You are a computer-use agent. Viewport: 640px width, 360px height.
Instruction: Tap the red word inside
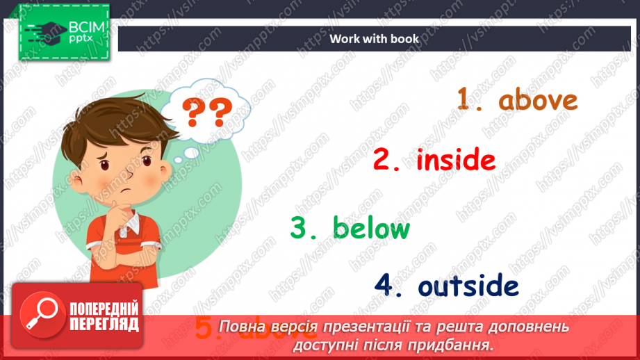[456, 161]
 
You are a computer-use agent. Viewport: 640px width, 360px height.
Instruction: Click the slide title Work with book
[375, 39]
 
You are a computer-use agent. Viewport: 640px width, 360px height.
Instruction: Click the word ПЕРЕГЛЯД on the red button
[104, 323]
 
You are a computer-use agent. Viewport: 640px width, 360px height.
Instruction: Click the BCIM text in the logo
[85, 28]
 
